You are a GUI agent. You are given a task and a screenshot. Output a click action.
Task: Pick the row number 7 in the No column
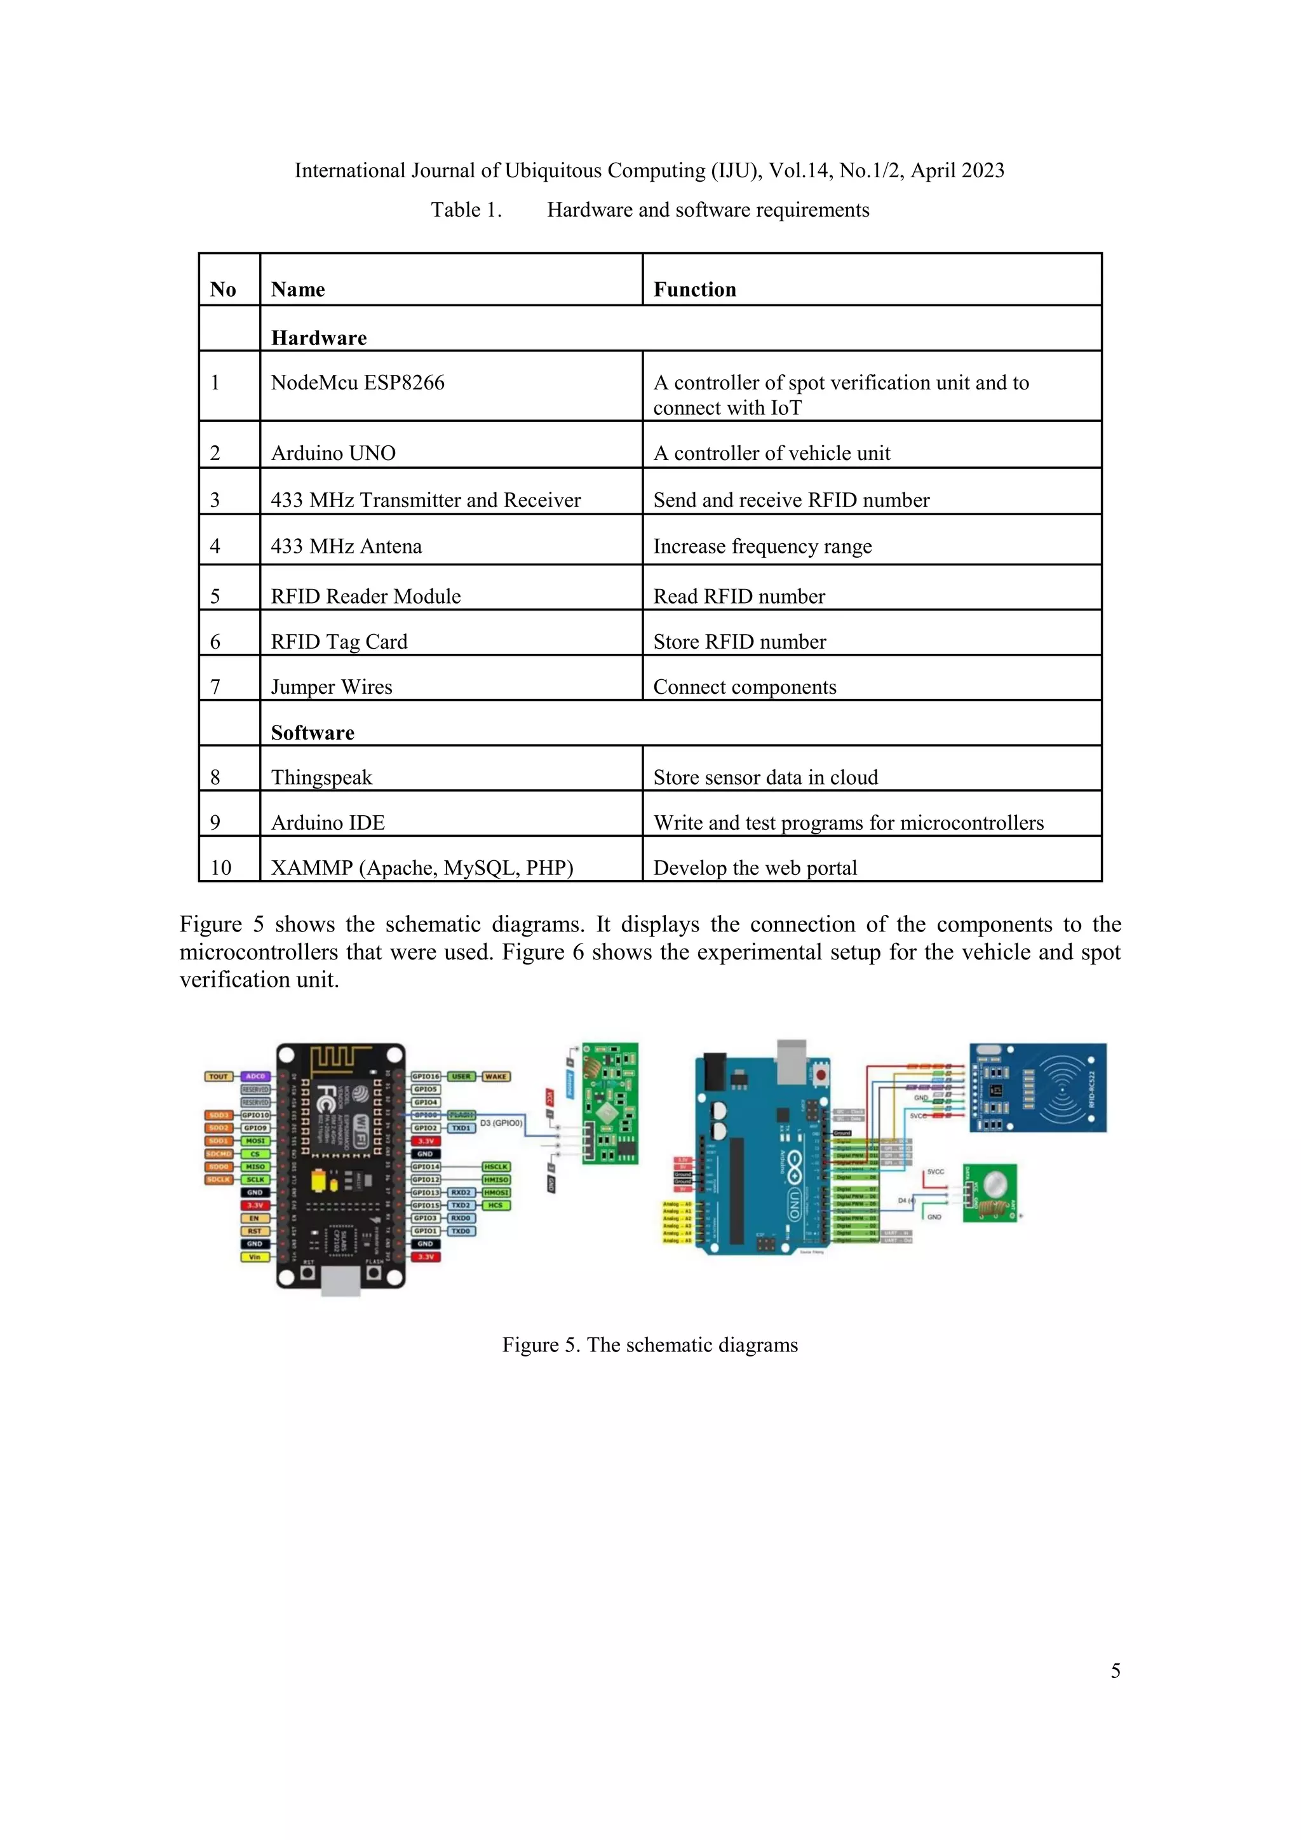pos(215,687)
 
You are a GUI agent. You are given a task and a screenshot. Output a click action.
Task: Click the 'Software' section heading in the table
pos(313,733)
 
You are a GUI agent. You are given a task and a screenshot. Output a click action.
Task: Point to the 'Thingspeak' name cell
pos(321,777)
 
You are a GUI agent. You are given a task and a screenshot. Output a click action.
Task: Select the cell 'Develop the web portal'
pos(755,868)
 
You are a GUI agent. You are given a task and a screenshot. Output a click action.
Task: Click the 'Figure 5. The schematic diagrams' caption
pos(650,1345)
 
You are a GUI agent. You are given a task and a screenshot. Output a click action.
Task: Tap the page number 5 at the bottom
pos(1115,1670)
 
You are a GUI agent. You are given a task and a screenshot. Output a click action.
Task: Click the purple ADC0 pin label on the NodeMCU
pos(255,1076)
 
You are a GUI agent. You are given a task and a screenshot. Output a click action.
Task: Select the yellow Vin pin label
pos(255,1257)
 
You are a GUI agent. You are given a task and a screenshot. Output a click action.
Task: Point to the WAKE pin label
pos(496,1076)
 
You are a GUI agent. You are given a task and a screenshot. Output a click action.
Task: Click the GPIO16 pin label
pos(426,1076)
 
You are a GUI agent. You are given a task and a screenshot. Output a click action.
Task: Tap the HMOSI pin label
pos(496,1193)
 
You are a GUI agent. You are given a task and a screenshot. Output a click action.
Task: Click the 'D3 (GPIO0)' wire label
pos(501,1123)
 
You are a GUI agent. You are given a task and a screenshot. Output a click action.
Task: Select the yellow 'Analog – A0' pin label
pos(677,1204)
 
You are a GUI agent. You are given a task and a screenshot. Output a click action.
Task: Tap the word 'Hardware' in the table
pos(319,338)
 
